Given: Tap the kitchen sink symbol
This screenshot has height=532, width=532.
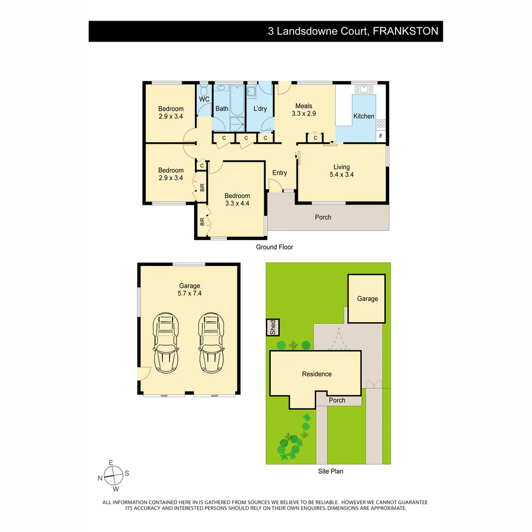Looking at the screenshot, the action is click(364, 89).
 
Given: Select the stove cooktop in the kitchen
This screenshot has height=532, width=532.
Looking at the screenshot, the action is click(381, 123).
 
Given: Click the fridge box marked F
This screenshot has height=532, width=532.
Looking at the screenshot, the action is click(381, 136).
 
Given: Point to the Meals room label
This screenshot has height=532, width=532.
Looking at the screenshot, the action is click(303, 106).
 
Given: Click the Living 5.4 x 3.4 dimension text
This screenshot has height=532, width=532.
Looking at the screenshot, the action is click(342, 174).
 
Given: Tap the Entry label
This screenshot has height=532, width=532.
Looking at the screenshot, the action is click(280, 173).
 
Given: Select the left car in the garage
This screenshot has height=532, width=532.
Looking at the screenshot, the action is click(166, 343).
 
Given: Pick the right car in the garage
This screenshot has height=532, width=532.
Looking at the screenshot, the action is click(211, 343).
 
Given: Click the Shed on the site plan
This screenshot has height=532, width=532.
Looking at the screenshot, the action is click(273, 328).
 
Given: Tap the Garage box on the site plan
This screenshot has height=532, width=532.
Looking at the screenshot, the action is click(367, 299).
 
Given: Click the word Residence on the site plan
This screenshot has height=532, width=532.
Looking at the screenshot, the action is click(317, 374).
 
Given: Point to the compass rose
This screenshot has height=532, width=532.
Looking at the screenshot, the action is click(113, 476).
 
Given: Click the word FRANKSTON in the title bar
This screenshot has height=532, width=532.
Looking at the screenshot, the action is click(405, 31).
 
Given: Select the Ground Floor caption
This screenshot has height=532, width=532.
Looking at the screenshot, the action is click(274, 247).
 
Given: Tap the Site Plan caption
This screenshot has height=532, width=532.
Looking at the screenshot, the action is click(331, 471).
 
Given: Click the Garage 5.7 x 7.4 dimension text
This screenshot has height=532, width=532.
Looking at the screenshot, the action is click(190, 293).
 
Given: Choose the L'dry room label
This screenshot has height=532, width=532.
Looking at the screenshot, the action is click(260, 108).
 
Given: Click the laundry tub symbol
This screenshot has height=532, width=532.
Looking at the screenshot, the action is click(251, 92).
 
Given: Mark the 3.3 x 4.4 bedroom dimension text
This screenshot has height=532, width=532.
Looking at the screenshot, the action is click(237, 203).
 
